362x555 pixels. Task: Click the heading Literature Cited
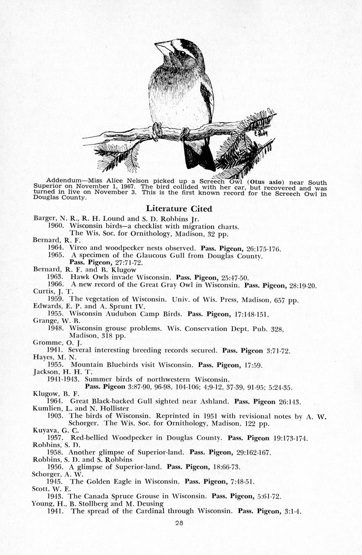(179, 208)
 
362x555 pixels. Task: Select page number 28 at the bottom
(179, 523)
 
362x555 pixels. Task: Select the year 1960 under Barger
(56, 226)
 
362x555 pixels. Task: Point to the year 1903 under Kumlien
(56, 416)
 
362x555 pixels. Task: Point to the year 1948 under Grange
(56, 328)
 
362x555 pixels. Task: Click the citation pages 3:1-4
(293, 511)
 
